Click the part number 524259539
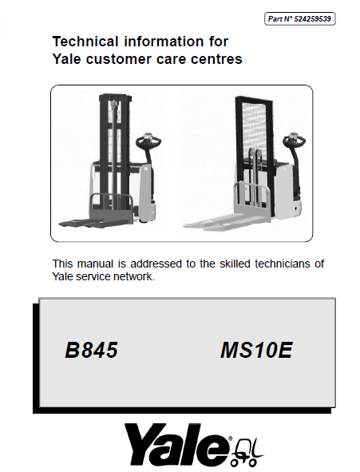click(312, 19)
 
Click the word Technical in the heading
click(85, 42)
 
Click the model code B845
click(91, 350)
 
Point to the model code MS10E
click(256, 350)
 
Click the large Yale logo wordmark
click(176, 444)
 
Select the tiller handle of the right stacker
click(294, 139)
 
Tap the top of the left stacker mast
click(115, 97)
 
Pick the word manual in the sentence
click(95, 264)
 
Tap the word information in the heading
click(164, 42)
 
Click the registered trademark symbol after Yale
click(231, 438)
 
